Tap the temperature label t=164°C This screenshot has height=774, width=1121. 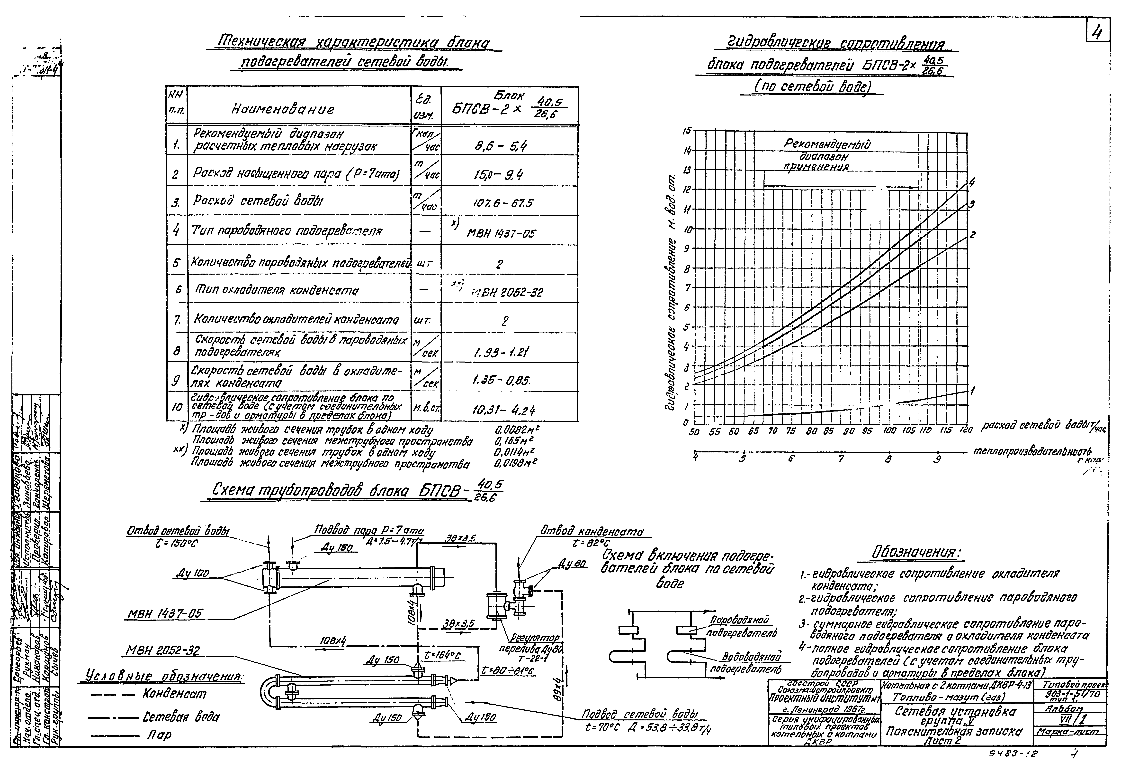tap(442, 655)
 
